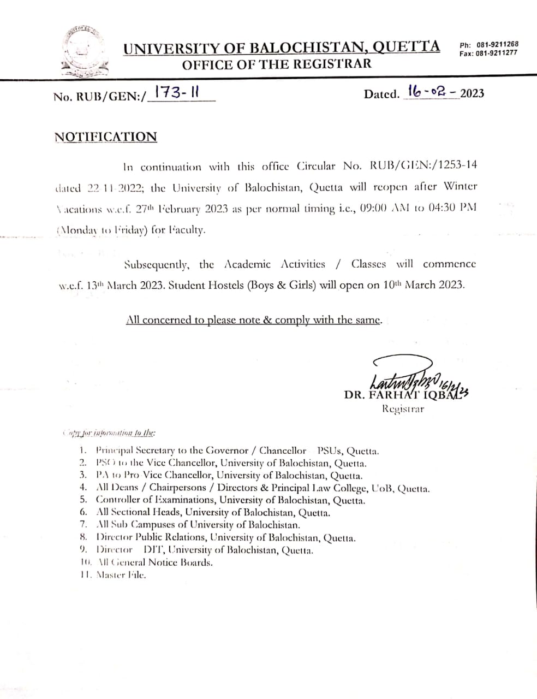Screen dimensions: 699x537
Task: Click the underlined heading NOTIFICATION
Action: pyautogui.click(x=106, y=137)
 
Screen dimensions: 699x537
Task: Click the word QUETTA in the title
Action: pyautogui.click(x=407, y=47)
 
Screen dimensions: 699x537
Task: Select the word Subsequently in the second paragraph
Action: pyautogui.click(x=157, y=265)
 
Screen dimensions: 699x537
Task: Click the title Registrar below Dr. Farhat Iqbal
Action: pyautogui.click(x=403, y=409)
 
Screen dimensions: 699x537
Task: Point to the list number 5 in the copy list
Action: pyautogui.click(x=83, y=500)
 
